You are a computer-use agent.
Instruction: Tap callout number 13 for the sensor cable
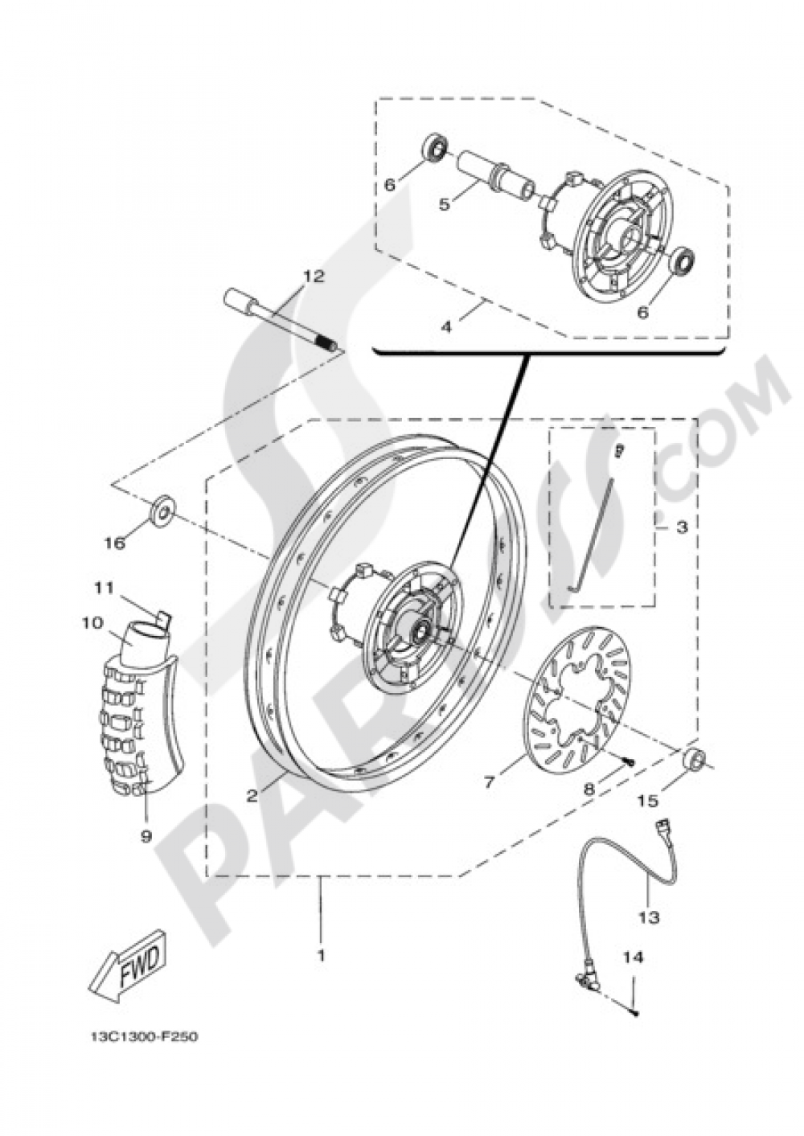649,917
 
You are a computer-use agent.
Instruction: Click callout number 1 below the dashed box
321,957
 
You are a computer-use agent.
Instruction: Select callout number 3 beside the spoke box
681,527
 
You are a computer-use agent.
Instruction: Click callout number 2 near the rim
252,796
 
